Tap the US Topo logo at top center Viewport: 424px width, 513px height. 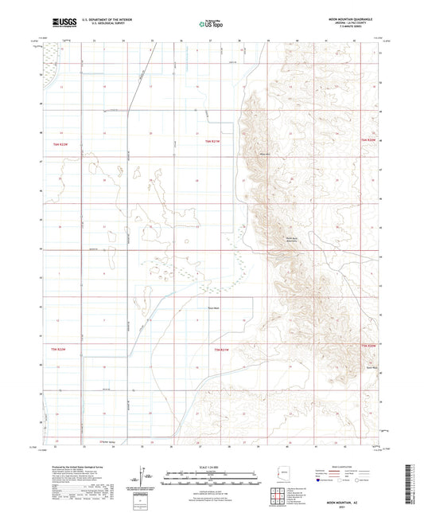pos(211,24)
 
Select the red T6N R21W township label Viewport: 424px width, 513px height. pos(209,142)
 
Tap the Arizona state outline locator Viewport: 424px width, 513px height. pos(280,475)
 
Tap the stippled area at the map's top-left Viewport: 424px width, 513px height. pos(53,67)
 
